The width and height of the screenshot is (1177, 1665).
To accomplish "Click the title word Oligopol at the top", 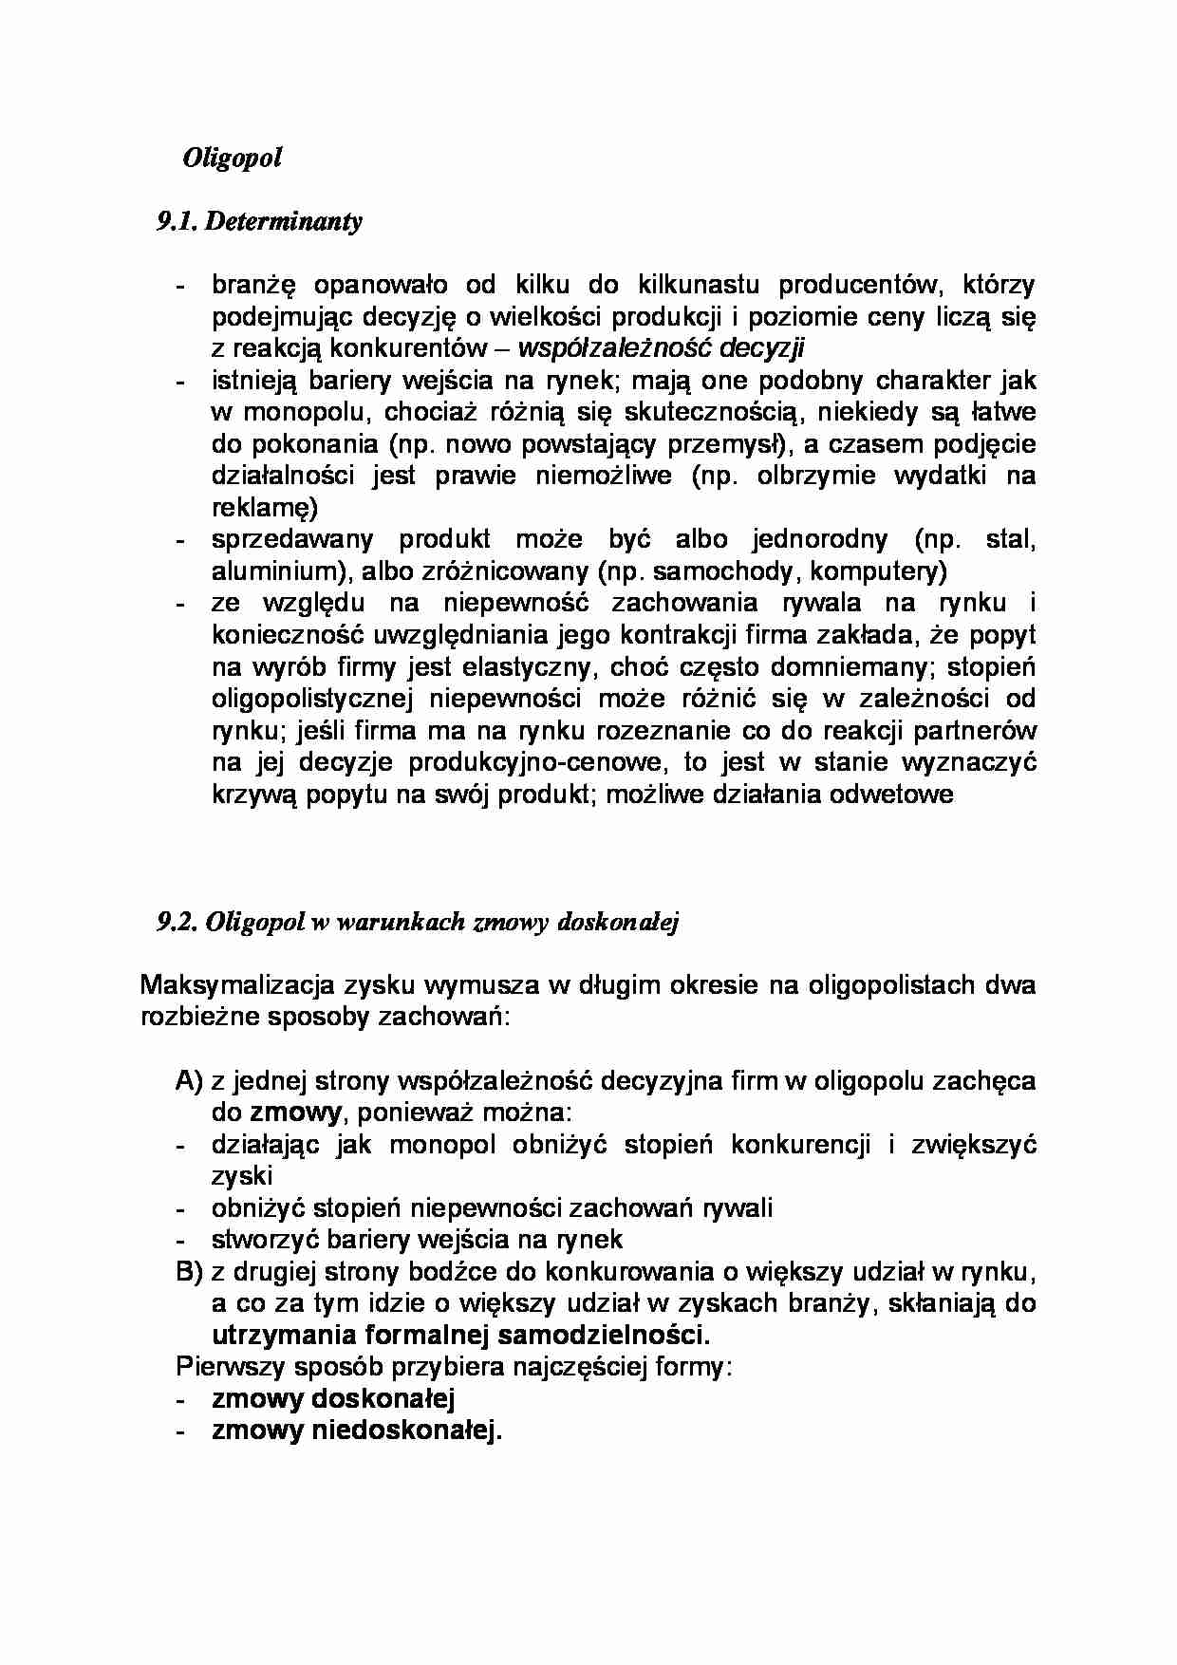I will (233, 157).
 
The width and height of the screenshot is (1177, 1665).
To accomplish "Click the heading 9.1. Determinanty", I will (259, 221).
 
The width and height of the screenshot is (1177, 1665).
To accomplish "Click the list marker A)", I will (189, 1080).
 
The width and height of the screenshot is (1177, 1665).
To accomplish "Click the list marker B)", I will (189, 1271).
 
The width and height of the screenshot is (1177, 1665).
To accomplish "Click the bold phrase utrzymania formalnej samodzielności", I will (460, 1336).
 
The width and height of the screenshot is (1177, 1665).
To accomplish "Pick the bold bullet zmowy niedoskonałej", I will (356, 1431).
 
